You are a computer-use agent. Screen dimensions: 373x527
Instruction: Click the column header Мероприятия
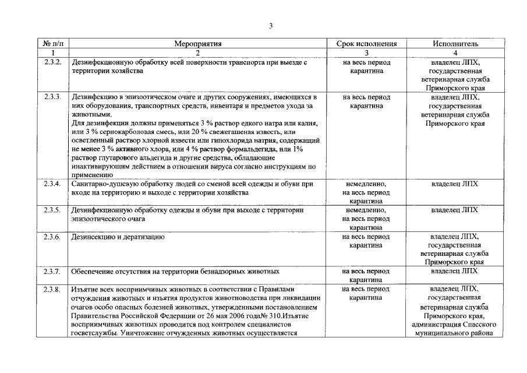pyautogui.click(x=198, y=43)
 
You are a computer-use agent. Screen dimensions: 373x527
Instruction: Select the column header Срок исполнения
pyautogui.click(x=366, y=43)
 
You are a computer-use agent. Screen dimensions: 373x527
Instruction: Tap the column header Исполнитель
pyautogui.click(x=455, y=43)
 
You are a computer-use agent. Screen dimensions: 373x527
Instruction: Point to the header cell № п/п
pyautogui.click(x=53, y=43)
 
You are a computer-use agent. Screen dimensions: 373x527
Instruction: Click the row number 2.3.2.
pyautogui.click(x=53, y=62)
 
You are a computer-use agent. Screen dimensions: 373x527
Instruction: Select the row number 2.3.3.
pyautogui.click(x=53, y=97)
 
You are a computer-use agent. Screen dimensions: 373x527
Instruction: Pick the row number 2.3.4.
pyautogui.click(x=53, y=184)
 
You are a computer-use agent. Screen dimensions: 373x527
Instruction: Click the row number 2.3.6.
pyautogui.click(x=53, y=237)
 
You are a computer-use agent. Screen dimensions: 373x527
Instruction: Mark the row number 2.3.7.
pyautogui.click(x=53, y=272)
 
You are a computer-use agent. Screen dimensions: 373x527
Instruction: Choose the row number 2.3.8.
pyautogui.click(x=53, y=289)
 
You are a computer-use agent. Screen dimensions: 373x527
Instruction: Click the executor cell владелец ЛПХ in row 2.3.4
pyautogui.click(x=455, y=184)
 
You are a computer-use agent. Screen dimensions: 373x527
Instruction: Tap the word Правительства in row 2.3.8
pyautogui.click(x=94, y=315)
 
